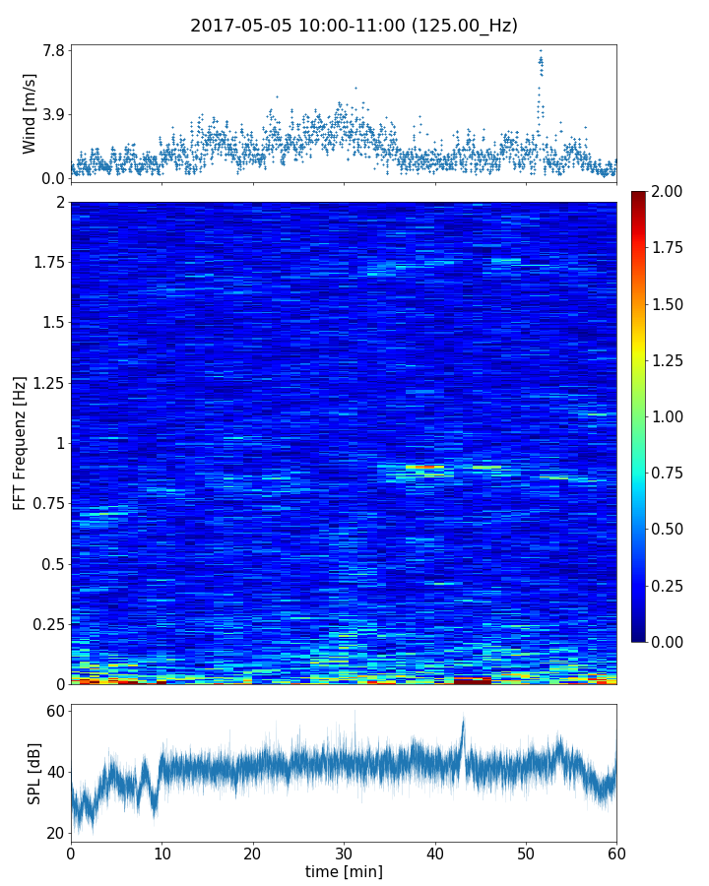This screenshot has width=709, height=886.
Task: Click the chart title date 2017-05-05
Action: click(236, 26)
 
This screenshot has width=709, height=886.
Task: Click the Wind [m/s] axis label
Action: click(30, 113)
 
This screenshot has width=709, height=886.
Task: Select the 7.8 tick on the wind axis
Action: click(53, 50)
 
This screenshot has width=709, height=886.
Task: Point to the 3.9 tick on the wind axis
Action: click(53, 114)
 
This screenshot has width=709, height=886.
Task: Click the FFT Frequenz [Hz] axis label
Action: click(20, 443)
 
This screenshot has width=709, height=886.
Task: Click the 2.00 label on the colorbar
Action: click(668, 191)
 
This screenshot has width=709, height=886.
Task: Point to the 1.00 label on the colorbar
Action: click(668, 416)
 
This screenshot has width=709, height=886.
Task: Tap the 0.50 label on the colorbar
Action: click(668, 529)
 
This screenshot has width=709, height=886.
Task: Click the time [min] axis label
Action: click(344, 871)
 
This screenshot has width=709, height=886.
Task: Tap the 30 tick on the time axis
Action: click(344, 851)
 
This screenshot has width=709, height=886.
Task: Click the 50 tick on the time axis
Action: click(526, 851)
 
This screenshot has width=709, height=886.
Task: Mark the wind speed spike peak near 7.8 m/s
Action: click(540, 51)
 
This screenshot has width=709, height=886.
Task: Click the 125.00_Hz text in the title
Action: click(465, 26)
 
